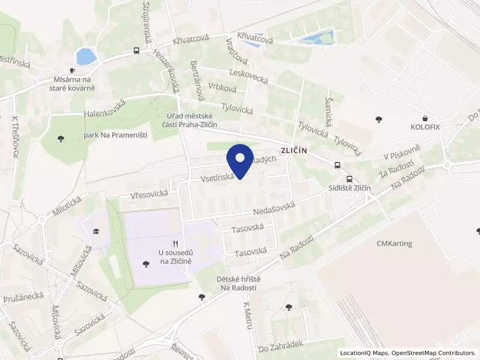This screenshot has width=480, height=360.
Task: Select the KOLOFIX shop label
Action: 425,128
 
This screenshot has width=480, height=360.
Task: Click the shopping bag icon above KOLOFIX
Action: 425,118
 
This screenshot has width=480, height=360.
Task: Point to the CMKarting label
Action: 393,244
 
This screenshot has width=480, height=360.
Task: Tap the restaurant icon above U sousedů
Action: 175,244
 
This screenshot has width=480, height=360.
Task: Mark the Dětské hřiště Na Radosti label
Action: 238,284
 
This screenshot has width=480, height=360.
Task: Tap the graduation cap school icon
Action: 96,230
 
